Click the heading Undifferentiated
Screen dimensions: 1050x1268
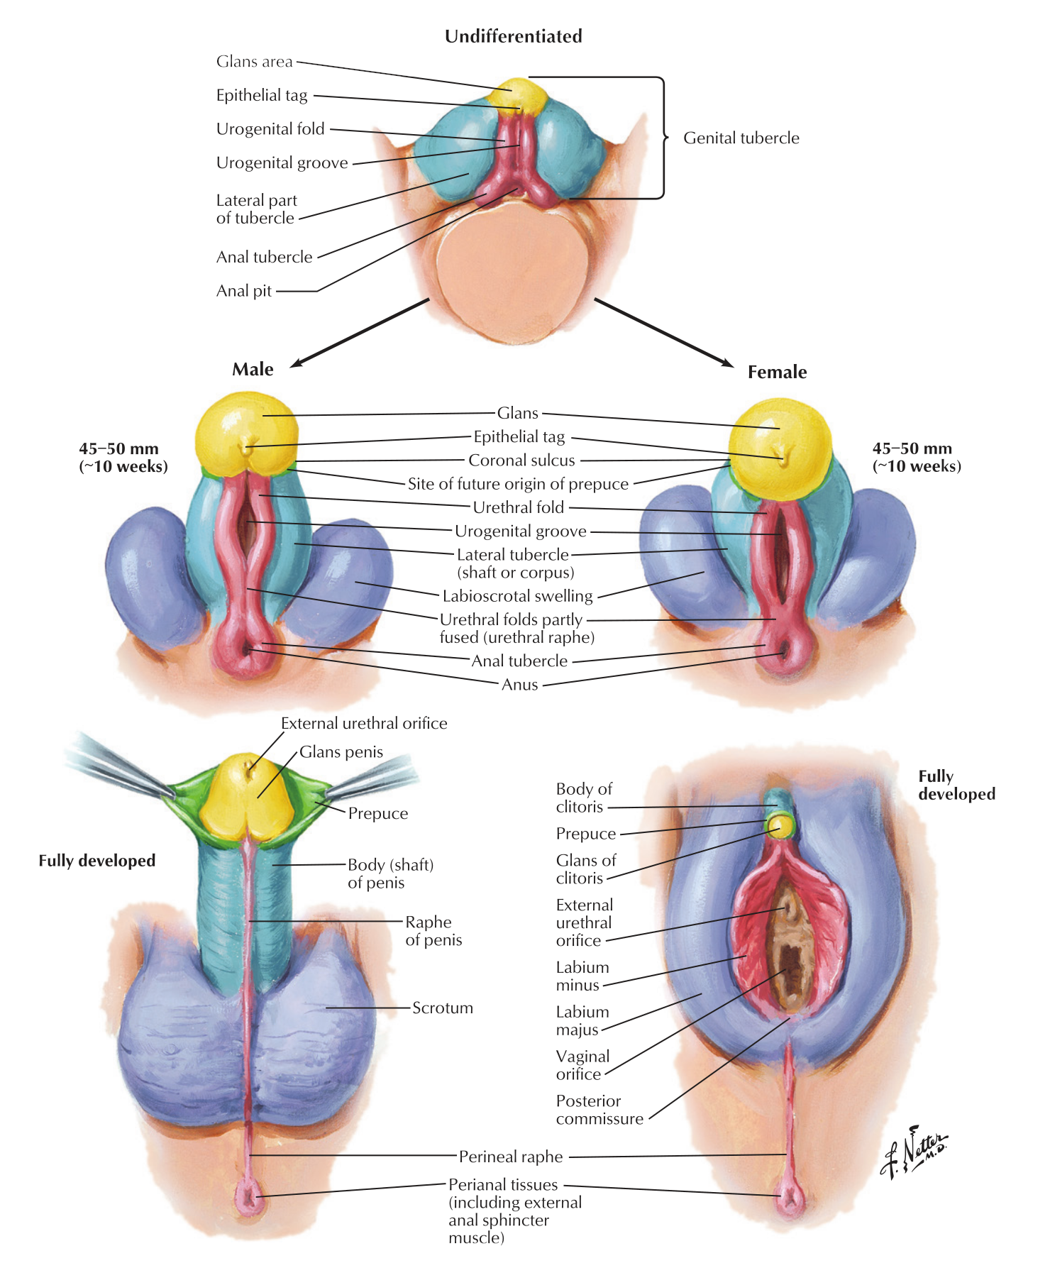(513, 36)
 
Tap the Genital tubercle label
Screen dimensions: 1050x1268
(741, 138)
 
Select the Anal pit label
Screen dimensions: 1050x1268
(244, 291)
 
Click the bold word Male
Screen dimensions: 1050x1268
(253, 369)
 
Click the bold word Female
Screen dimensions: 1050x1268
(778, 372)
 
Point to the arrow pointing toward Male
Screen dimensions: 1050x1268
(360, 333)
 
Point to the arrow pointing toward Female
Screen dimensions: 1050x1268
(664, 333)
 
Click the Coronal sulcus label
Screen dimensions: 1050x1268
(521, 461)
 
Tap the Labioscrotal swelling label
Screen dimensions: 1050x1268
(517, 596)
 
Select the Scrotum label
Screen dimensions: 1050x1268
(443, 1008)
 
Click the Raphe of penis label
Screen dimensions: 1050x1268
(433, 931)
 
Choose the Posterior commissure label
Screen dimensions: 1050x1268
(599, 1110)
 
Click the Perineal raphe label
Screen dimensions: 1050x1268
(511, 1157)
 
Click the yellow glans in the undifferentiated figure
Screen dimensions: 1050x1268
(522, 97)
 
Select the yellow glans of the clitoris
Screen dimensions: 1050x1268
(780, 825)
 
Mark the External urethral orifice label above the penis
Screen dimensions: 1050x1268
(364, 724)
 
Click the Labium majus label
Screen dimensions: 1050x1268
(582, 1020)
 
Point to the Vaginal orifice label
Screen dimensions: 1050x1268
(583, 1065)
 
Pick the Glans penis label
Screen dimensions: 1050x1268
(341, 752)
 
